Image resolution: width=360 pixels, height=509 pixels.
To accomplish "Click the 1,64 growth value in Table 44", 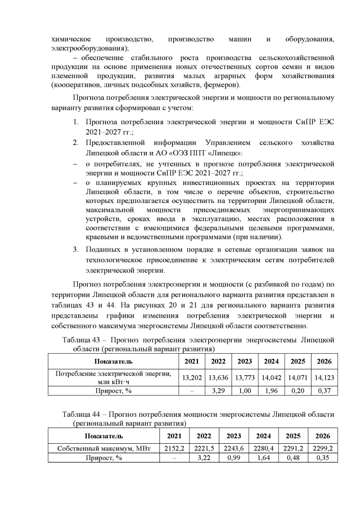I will tap(264, 458).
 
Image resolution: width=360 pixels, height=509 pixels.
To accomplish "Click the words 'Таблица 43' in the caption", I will tap(82, 340).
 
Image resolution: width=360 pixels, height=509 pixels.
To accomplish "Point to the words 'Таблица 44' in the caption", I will tap(82, 415).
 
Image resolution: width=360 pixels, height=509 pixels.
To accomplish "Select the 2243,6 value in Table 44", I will tap(234, 448).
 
